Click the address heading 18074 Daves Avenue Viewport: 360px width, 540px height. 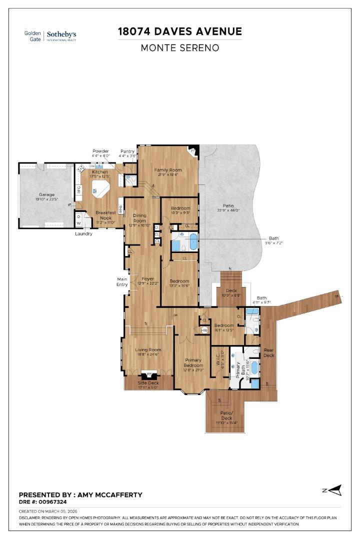point(180,31)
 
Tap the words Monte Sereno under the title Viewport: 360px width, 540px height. point(180,48)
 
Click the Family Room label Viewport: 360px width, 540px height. point(168,170)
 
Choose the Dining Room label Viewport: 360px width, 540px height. point(139,218)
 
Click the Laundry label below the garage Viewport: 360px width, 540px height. point(83,233)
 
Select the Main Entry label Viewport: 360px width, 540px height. point(122,282)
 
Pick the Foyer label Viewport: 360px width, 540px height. point(147,279)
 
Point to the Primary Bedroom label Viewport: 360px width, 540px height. point(193,363)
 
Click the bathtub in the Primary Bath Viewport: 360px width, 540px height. point(254,367)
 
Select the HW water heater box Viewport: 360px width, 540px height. point(204,330)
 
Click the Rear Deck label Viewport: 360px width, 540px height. point(269,352)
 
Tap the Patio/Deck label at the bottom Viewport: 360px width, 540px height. point(227,415)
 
